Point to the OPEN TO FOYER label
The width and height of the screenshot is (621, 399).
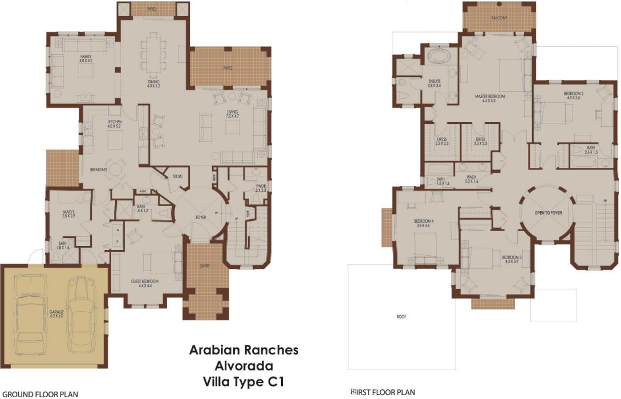[x=548, y=213]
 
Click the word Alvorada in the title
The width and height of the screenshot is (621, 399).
[x=243, y=365]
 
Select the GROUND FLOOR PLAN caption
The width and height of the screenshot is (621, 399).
[x=40, y=394]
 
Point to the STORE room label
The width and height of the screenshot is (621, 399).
[x=177, y=176]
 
